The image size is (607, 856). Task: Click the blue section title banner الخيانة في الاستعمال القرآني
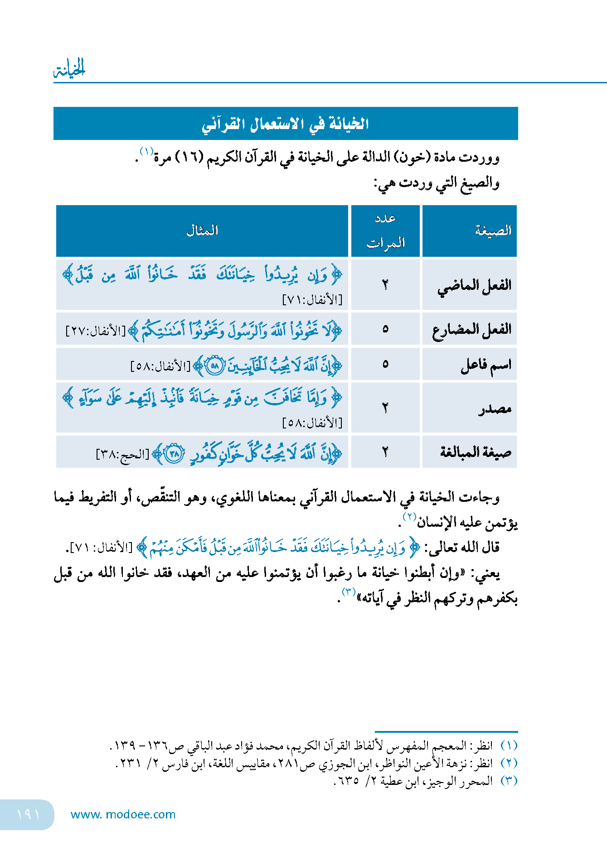pos(286,124)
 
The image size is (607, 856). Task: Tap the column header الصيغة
pos(493,231)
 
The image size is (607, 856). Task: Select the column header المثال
pos(202,231)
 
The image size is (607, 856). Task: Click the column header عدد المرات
pos(385,231)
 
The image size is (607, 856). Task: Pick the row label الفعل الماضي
pos(474,285)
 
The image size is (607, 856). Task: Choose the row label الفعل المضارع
pos(471,329)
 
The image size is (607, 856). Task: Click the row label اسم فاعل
pos(486,365)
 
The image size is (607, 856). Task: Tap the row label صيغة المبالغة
pos(476,452)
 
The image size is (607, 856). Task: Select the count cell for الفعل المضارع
pos(385,329)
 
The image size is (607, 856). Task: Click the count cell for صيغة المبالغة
pos(385,452)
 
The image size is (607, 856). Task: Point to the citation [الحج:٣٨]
pos(122,454)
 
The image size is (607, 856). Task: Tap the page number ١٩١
pos(28,814)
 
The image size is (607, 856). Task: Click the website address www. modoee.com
pos(123,814)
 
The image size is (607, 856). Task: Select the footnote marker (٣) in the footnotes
pos(509,781)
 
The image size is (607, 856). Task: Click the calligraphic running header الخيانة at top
pos(70,69)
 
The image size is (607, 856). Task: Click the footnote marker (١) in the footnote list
pos(509,745)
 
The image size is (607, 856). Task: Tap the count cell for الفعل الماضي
pos(385,285)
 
